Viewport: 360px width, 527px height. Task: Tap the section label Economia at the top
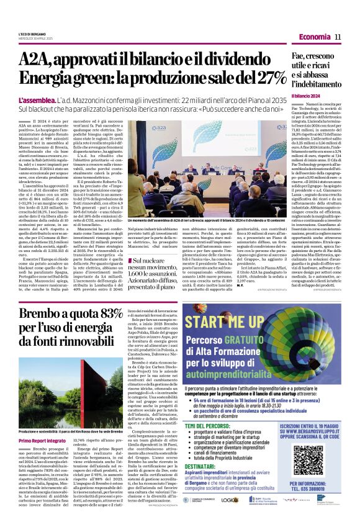(x=310, y=37)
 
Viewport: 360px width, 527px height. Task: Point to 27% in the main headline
(x=238, y=79)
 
